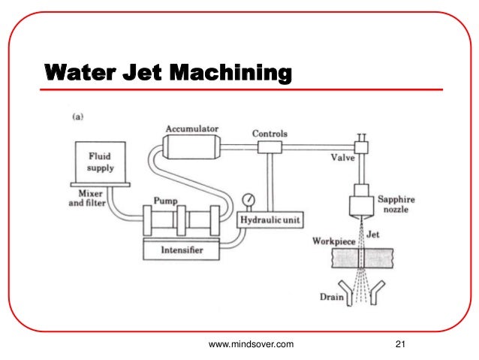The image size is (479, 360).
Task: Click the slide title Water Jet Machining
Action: click(167, 73)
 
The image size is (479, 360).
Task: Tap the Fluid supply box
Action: click(101, 161)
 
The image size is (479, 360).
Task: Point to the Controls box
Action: click(269, 146)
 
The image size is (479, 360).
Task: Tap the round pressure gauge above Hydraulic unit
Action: click(248, 200)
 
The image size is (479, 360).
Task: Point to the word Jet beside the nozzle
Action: click(373, 234)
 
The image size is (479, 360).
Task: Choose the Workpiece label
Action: click(332, 242)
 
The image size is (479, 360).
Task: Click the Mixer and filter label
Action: click(83, 197)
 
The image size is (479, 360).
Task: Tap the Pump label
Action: click(165, 201)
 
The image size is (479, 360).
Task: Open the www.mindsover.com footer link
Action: click(251, 344)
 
